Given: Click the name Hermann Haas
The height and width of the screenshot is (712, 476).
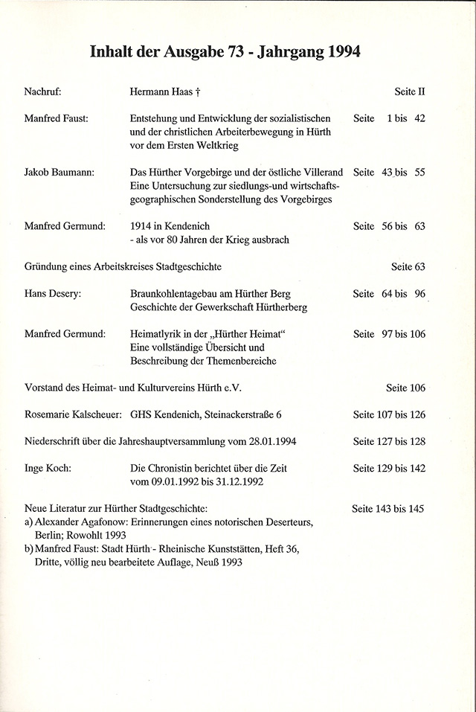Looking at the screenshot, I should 161,93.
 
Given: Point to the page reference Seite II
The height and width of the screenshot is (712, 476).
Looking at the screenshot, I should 409,93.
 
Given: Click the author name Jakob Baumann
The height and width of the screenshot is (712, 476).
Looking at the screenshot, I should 58,173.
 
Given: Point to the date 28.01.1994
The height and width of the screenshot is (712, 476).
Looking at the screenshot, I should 266,441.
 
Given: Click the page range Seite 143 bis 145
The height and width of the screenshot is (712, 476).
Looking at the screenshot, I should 388,509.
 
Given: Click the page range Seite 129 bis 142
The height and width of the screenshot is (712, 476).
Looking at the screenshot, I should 389,469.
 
